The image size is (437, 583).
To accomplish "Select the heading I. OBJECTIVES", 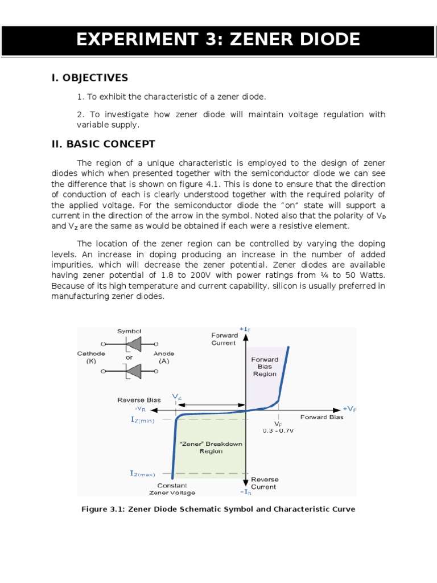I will pyautogui.click(x=90, y=78).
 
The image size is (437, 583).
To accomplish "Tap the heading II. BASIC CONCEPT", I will pyautogui.click(x=103, y=144).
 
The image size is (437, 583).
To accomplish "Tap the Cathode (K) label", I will pyautogui.click(x=91, y=357).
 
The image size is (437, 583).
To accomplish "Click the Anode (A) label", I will pyautogui.click(x=164, y=357).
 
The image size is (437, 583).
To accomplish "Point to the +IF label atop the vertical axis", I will pyautogui.click(x=245, y=330).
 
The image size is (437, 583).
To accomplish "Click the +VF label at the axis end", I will pyautogui.click(x=349, y=409).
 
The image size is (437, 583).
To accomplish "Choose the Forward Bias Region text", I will pyautogui.click(x=265, y=367).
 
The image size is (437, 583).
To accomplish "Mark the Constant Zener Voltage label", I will pyautogui.click(x=172, y=489).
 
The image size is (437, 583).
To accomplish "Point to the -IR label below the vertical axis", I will pyautogui.click(x=245, y=492).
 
